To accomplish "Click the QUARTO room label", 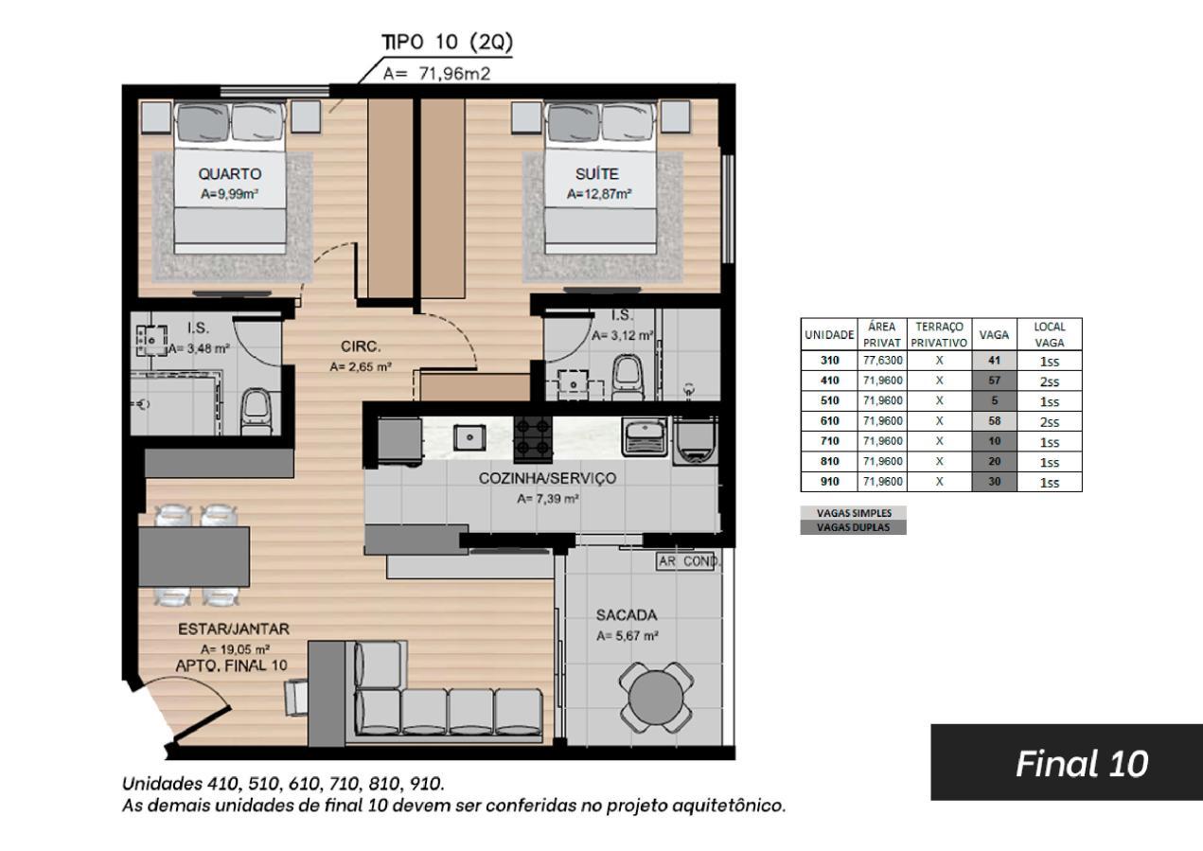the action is [x=230, y=174].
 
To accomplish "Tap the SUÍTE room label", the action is [x=596, y=174].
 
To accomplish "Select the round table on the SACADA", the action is [x=656, y=698].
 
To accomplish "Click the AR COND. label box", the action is [x=687, y=561].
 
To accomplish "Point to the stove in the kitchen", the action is [x=533, y=439].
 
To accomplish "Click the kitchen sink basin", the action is [x=469, y=437].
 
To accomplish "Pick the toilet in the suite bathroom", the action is [x=628, y=375].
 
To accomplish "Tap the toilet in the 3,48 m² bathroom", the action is [x=256, y=412].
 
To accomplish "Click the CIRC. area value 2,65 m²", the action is [x=361, y=367].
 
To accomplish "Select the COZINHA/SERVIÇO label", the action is [x=547, y=478].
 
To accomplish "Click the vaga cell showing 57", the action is [x=994, y=381].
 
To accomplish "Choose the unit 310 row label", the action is [x=829, y=361].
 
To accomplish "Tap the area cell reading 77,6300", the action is [x=882, y=361].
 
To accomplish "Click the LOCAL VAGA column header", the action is [x=1050, y=335].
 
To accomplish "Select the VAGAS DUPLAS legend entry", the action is [x=854, y=527].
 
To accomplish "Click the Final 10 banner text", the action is [x=1082, y=763].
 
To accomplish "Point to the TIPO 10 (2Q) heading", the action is [x=447, y=42].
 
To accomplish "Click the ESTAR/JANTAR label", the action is [x=234, y=629].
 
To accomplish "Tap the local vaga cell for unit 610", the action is [x=1050, y=422].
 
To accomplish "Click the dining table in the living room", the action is [x=194, y=557].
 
